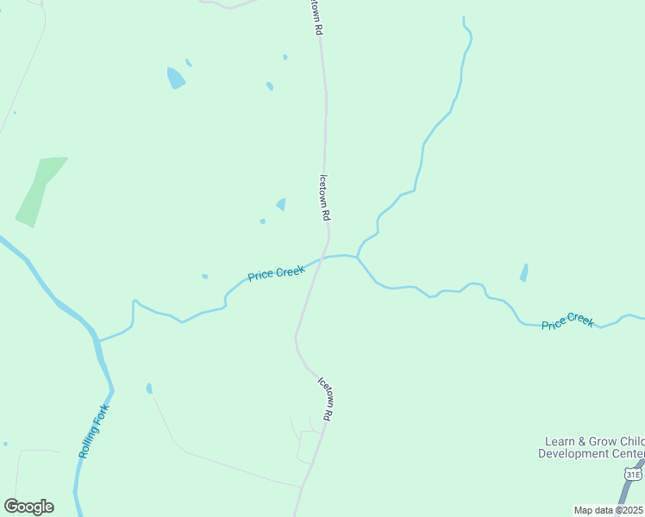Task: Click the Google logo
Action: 28,507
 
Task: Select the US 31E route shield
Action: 634,475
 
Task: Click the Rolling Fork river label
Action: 94,432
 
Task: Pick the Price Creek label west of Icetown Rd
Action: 276,273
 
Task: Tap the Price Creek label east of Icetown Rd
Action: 567,322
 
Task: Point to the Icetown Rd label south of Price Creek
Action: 325,399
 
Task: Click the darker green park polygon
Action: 39,191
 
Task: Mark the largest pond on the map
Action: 176,78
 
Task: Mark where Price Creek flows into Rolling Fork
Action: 98,341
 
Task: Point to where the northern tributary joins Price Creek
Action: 357,257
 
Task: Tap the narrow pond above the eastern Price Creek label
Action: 523,273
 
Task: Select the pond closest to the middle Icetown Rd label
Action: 281,204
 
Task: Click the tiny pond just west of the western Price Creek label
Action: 204,277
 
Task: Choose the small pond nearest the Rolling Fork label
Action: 149,389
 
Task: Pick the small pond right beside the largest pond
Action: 189,63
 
